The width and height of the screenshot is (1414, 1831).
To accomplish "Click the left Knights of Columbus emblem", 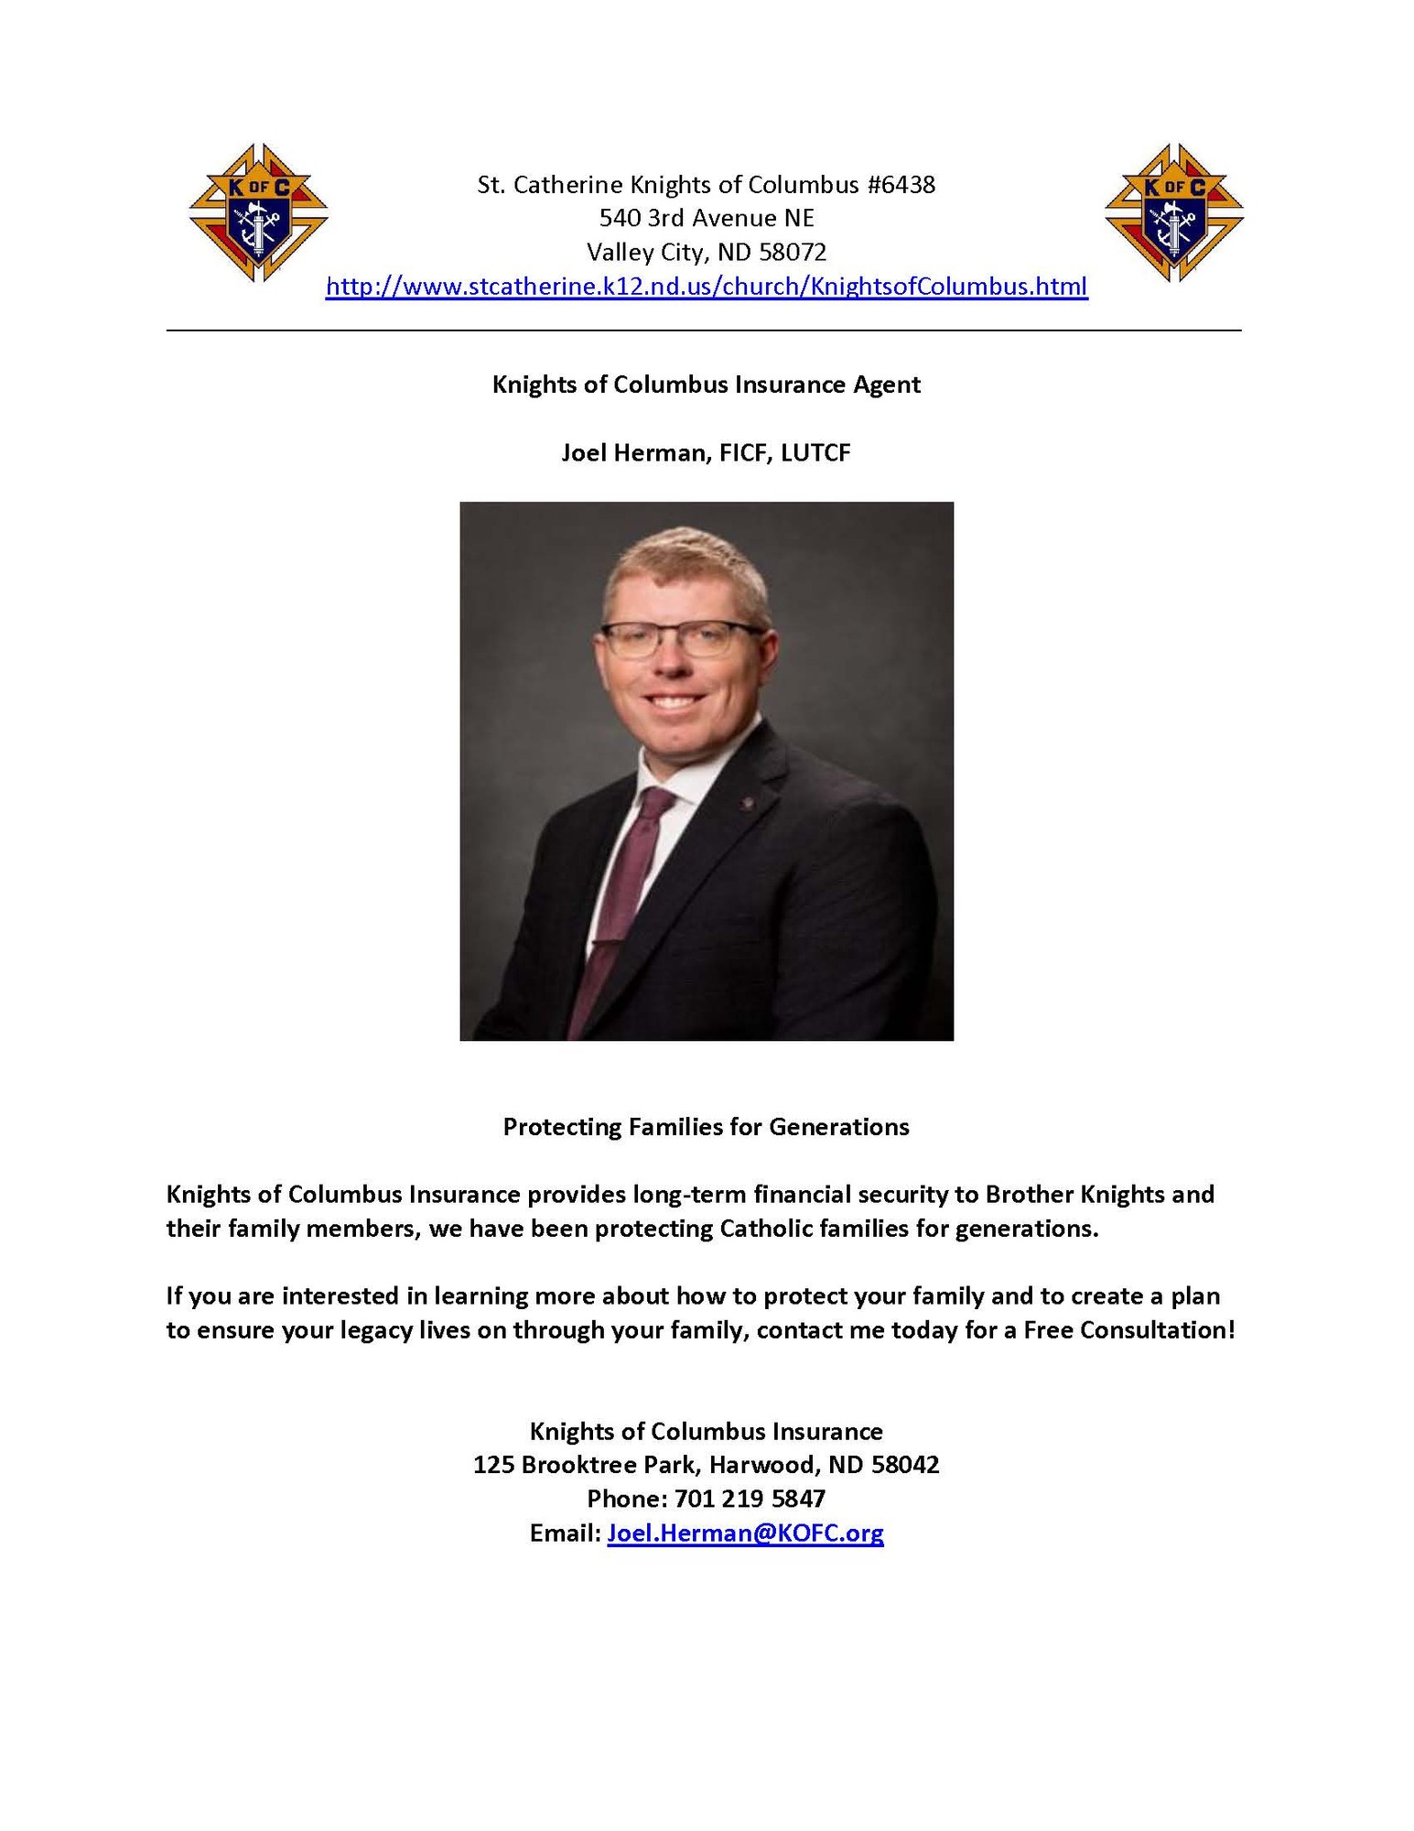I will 258,212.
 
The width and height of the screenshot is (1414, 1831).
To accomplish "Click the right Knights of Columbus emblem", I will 1173,212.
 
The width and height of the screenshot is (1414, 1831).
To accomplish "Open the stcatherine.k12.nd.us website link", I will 707,287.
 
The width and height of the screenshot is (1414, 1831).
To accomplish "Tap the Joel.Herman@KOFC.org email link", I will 745,1533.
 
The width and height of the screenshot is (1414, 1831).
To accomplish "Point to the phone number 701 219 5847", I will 750,1499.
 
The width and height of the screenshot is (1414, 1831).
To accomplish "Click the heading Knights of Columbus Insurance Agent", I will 706,385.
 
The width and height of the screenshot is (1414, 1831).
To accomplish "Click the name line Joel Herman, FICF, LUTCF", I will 706,452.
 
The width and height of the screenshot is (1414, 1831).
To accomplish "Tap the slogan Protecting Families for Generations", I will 706,1127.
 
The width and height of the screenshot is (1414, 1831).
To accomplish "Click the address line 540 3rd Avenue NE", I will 706,218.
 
